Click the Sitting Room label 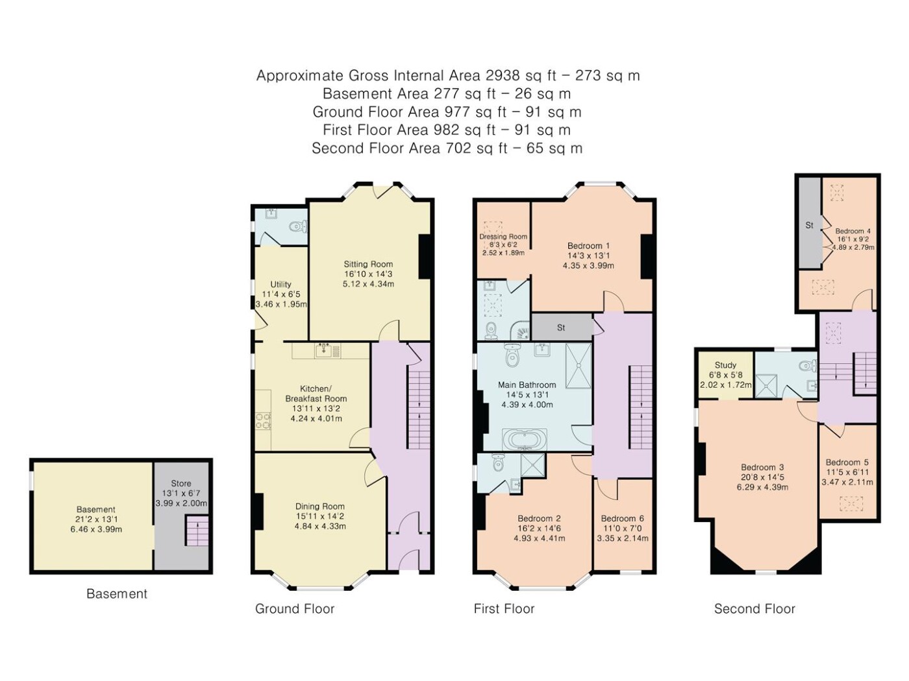click(x=367, y=264)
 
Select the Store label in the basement click(x=181, y=483)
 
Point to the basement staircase click(x=196, y=531)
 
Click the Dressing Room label click(x=503, y=237)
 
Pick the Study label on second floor click(x=725, y=365)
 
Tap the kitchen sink click(x=327, y=351)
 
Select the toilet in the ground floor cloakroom click(x=298, y=226)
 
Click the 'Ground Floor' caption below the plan click(x=294, y=608)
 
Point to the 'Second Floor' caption click(x=754, y=608)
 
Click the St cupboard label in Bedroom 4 click(x=809, y=225)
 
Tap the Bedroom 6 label click(x=623, y=518)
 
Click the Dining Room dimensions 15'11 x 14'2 click(x=319, y=516)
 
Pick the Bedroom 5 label click(x=847, y=462)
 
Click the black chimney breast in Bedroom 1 click(x=648, y=257)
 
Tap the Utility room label click(x=280, y=285)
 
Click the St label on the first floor click(x=561, y=328)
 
